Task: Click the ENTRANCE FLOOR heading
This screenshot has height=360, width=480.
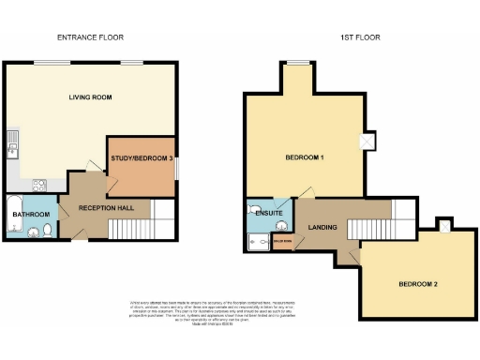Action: point(90,37)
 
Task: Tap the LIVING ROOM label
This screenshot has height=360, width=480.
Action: point(90,97)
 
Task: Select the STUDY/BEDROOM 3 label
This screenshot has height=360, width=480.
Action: point(142,159)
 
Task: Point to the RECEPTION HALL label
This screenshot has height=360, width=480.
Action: point(103,207)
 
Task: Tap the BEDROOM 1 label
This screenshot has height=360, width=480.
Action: point(305,157)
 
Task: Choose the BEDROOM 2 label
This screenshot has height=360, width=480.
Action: point(417,283)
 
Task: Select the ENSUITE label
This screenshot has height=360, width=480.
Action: point(269,213)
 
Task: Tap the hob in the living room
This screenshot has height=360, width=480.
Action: point(39,183)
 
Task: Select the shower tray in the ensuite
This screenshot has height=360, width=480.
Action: point(257,245)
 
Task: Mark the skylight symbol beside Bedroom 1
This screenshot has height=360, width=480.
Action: point(367,141)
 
